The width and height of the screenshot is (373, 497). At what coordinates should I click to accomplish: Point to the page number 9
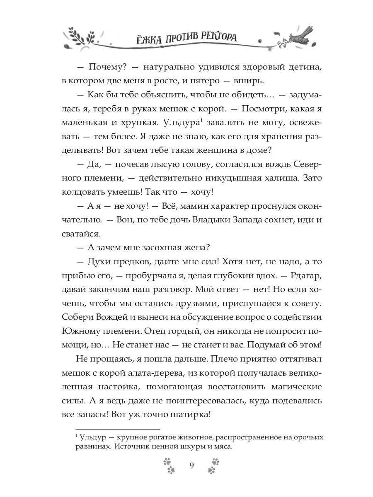[x=191, y=465]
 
